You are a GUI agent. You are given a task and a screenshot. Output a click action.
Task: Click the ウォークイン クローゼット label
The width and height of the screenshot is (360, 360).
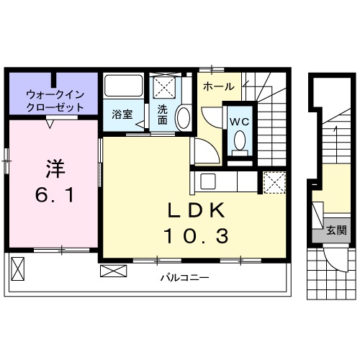(55, 100)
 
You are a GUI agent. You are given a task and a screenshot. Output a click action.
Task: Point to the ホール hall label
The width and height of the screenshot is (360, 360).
(218, 86)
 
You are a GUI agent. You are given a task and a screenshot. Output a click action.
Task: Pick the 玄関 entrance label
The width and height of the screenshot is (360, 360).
(336, 231)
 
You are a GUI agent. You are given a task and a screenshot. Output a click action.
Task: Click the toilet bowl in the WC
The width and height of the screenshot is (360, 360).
(239, 141)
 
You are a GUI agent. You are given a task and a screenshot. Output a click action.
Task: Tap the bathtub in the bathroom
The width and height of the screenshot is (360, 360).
(124, 87)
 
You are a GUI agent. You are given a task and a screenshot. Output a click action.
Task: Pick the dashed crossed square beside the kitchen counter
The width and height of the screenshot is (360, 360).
(274, 182)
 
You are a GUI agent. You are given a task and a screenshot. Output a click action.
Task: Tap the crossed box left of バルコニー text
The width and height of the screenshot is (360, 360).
(112, 271)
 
